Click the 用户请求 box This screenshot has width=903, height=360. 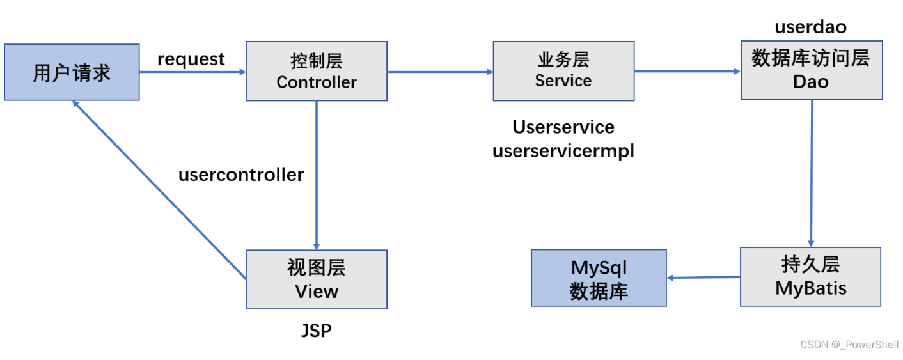click(x=72, y=72)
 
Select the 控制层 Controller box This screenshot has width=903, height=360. click(x=317, y=71)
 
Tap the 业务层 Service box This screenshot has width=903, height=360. click(x=563, y=71)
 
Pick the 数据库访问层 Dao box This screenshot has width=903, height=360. click(x=812, y=70)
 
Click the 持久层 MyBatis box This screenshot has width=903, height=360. click(x=811, y=277)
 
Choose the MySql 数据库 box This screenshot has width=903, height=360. click(x=599, y=278)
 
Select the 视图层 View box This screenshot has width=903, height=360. click(x=317, y=279)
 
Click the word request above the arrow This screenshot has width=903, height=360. click(x=191, y=59)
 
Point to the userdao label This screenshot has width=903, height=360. click(x=811, y=27)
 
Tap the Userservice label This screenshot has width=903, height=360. click(x=563, y=127)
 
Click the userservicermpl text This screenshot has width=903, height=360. click(x=563, y=151)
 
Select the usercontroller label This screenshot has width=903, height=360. click(x=241, y=175)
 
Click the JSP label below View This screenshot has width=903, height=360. click(x=317, y=331)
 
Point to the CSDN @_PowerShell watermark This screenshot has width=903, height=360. click(x=849, y=345)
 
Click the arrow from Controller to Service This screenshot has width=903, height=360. click(x=440, y=72)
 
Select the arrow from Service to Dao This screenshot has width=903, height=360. click(x=687, y=72)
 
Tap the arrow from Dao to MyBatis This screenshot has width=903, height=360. click(x=812, y=174)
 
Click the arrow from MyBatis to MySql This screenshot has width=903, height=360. click(x=703, y=278)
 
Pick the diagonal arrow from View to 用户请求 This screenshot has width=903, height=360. click(x=159, y=189)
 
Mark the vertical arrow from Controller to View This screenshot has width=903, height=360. click(x=317, y=175)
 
